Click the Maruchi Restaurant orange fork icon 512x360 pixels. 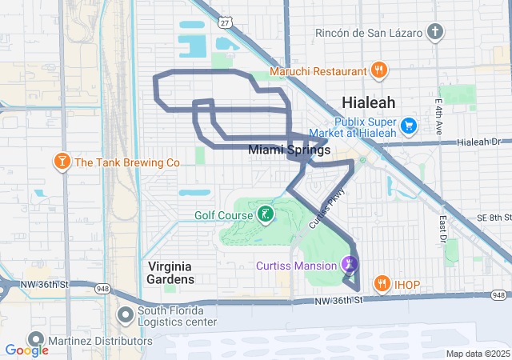[379, 70]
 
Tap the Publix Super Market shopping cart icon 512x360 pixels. [409, 126]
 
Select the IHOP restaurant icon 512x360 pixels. [382, 283]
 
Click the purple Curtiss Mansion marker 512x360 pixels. [350, 264]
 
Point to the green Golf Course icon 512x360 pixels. [262, 214]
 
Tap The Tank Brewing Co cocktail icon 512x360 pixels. [61, 162]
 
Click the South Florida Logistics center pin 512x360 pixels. [126, 313]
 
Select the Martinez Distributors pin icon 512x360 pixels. [35, 340]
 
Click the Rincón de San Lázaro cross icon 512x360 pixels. [434, 32]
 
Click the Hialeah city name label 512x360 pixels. [368, 102]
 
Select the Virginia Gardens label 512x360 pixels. [171, 272]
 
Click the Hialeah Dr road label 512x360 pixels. [483, 142]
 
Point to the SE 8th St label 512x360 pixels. [490, 217]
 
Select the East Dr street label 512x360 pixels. [442, 226]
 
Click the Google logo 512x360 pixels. [26, 350]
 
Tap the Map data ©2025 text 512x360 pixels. [477, 354]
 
